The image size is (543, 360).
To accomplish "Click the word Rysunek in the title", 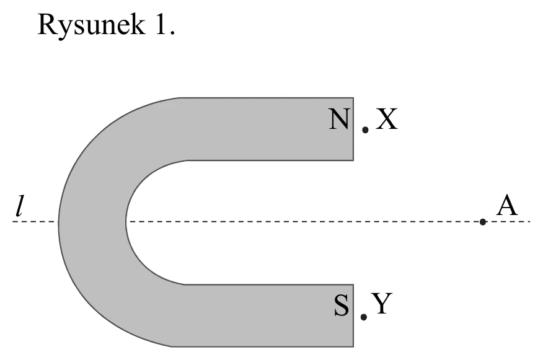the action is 91,25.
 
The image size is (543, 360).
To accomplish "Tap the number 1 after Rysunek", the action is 162,24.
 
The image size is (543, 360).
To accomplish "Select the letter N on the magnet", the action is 339,119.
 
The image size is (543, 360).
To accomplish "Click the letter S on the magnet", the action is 342,305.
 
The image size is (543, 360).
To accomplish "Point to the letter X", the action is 386,119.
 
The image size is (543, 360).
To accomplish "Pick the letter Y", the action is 382,304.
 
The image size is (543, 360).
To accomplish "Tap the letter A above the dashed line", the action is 507,205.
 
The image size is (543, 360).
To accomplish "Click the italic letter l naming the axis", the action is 20,206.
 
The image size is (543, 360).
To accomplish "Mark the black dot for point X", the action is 365,130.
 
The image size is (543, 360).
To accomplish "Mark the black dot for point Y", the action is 364,317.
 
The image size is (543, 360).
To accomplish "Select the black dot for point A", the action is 483,222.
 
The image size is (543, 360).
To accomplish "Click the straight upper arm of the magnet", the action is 267,129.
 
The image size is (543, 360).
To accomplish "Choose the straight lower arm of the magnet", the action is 267,315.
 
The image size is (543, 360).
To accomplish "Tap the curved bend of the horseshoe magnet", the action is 92,222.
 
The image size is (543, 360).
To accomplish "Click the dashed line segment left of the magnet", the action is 35,222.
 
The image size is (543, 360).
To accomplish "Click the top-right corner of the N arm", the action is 353,98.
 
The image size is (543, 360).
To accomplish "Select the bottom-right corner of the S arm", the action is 353,346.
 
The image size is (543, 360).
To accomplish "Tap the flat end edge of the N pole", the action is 353,129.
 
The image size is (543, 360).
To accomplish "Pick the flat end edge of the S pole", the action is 353,315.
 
